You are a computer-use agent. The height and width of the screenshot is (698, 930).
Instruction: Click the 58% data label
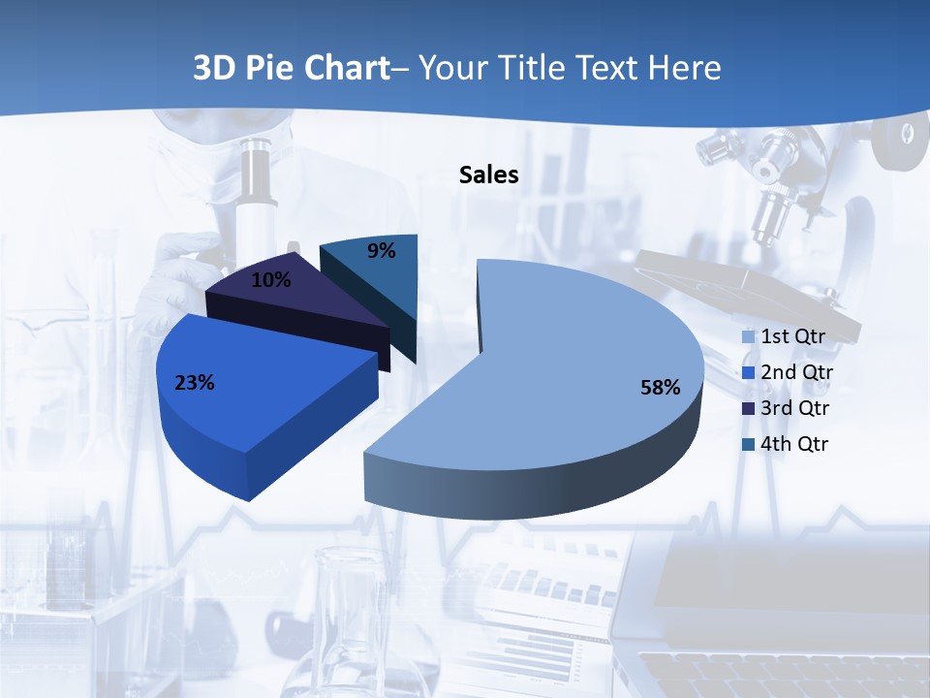point(660,388)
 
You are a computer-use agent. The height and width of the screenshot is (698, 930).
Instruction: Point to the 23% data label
point(194,383)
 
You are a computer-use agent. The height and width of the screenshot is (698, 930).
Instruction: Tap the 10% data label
point(270,280)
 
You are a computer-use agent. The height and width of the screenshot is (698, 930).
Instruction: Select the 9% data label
point(382,251)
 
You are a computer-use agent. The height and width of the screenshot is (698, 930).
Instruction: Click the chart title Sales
point(488,174)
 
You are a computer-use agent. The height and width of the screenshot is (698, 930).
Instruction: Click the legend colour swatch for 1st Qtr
point(748,337)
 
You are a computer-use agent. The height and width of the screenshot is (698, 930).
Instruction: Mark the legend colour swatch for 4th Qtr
point(748,445)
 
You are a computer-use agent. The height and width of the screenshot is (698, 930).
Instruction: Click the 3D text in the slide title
point(214,68)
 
